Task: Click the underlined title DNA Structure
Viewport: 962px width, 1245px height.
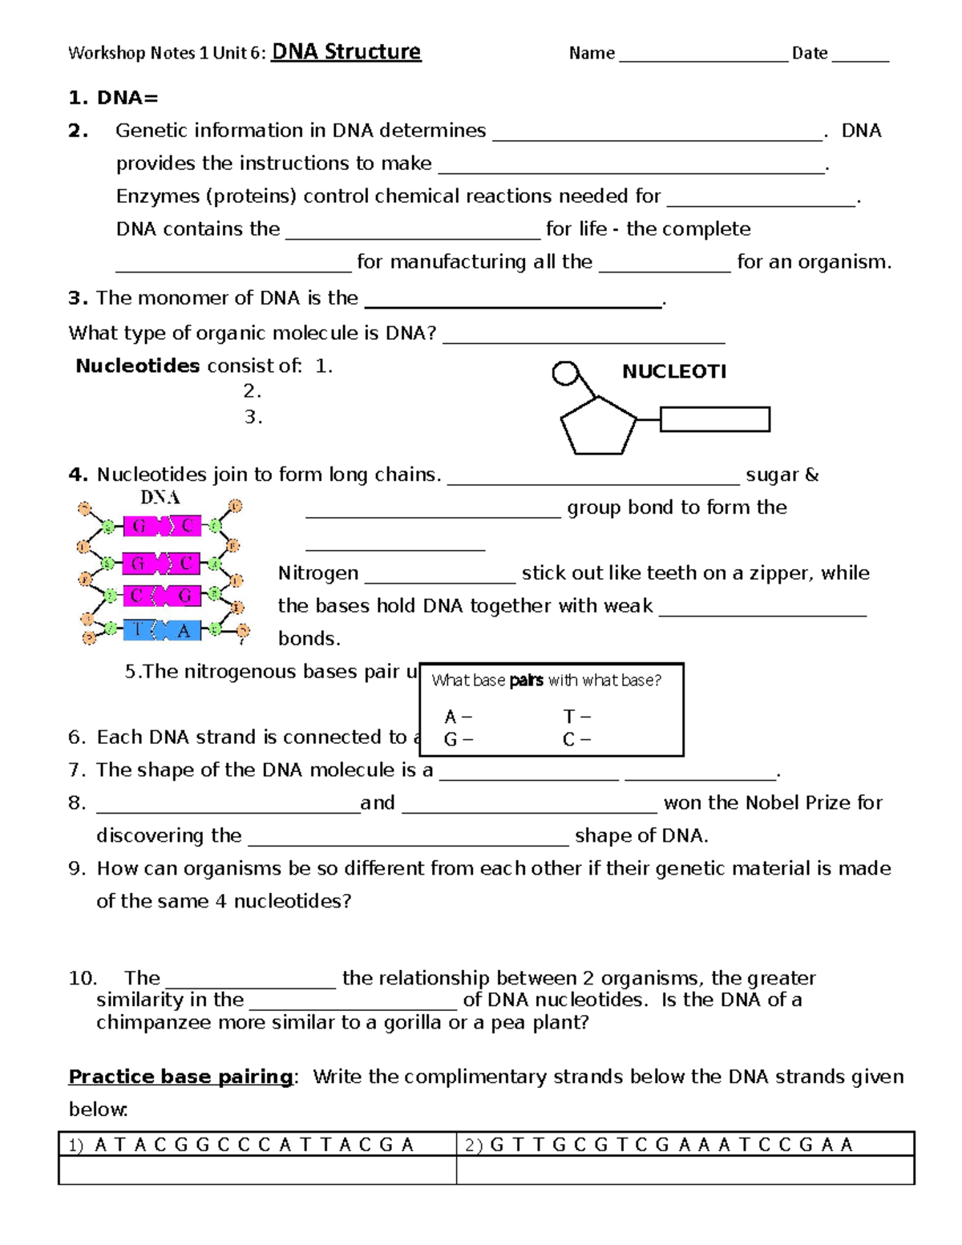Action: (x=346, y=52)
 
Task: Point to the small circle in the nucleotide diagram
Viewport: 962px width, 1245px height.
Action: (x=565, y=374)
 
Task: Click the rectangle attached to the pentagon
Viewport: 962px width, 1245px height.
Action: (x=714, y=419)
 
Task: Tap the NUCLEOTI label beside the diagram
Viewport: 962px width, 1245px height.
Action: (x=673, y=371)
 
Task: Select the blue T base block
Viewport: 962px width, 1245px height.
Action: (x=138, y=630)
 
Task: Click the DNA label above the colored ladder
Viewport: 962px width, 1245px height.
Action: (x=160, y=498)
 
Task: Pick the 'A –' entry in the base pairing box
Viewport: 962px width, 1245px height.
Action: (x=458, y=717)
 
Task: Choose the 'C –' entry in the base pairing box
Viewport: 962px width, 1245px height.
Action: (x=576, y=739)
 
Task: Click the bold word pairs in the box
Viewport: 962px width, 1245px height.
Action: (x=526, y=681)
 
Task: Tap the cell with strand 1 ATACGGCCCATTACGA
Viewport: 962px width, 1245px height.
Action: (x=257, y=1144)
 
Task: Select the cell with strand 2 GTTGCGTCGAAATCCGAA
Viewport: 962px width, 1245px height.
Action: (x=685, y=1144)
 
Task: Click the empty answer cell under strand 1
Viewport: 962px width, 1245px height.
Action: (x=257, y=1170)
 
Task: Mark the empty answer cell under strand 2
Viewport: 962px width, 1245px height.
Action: (x=685, y=1170)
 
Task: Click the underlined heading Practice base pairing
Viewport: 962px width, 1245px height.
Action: (x=180, y=1077)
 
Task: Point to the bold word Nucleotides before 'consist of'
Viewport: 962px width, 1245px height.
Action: (x=137, y=366)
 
